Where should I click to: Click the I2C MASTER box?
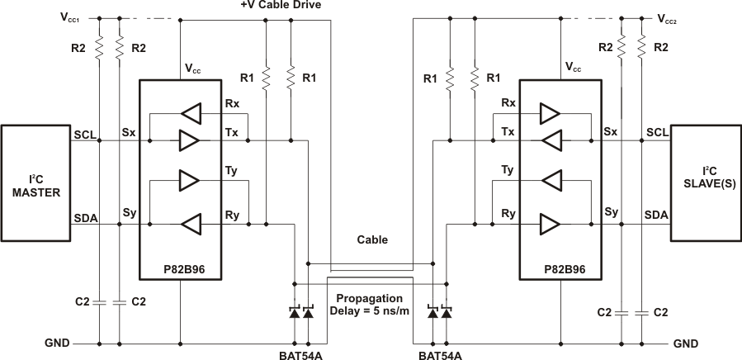[36, 182]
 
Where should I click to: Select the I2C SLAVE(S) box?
[705, 182]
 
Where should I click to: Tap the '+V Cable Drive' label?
[281, 6]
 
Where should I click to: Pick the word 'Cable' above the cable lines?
[372, 240]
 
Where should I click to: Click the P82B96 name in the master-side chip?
[180, 268]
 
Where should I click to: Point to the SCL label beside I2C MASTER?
[84, 133]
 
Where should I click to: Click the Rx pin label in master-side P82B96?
[232, 103]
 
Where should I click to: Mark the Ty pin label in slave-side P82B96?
[509, 170]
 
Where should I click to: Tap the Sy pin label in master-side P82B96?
[129, 213]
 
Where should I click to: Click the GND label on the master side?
[57, 343]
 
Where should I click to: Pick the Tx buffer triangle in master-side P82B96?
[189, 140]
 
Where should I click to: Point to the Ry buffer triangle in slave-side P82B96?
[551, 223]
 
